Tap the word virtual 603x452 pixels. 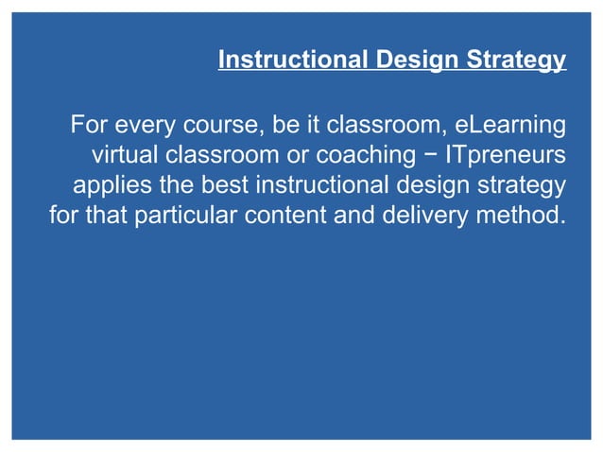123,154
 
